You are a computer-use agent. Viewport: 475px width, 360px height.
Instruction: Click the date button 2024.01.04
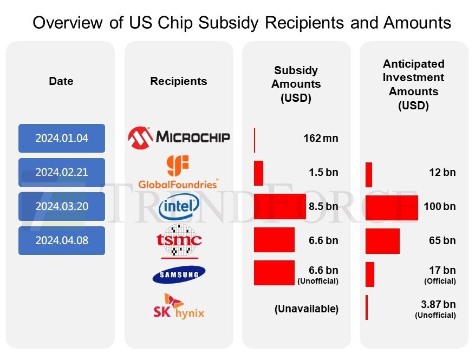click(x=61, y=138)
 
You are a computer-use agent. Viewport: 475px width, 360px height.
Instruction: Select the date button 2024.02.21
click(x=61, y=172)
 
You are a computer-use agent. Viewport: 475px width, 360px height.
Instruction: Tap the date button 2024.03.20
click(x=61, y=206)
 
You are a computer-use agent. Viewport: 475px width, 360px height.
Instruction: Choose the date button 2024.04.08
click(x=61, y=240)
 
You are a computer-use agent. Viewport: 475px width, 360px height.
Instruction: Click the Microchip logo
click(x=179, y=138)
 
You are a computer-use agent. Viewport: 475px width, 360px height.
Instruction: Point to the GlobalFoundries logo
click(x=178, y=172)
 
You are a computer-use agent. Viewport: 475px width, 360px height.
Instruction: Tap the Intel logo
click(x=179, y=206)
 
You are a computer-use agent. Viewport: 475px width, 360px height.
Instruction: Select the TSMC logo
click(x=179, y=240)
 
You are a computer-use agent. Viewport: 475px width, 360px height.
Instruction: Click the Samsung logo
click(x=179, y=275)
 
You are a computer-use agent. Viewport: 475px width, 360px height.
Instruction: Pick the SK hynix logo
click(x=179, y=306)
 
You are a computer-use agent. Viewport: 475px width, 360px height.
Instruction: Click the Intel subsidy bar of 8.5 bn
click(x=279, y=206)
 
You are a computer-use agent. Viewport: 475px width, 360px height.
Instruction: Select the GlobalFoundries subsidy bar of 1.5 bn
click(x=258, y=173)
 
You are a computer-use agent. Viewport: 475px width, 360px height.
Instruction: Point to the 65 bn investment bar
click(x=382, y=241)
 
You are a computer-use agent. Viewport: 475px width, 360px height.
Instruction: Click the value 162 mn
click(x=321, y=138)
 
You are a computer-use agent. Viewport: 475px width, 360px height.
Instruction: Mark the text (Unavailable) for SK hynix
click(x=306, y=309)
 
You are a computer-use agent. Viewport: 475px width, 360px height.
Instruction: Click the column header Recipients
click(x=178, y=81)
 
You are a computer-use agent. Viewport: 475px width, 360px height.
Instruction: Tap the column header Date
click(x=61, y=81)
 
